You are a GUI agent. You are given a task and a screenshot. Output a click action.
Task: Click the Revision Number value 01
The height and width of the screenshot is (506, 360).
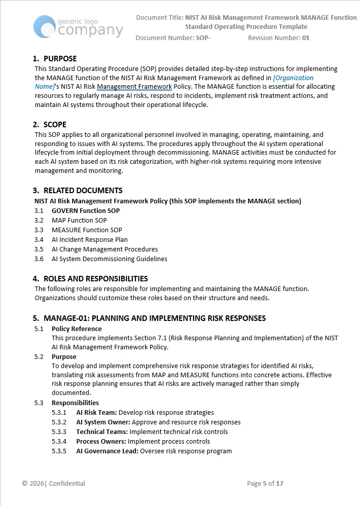305,38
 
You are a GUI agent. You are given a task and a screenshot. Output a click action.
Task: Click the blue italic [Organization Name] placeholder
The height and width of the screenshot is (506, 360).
293,78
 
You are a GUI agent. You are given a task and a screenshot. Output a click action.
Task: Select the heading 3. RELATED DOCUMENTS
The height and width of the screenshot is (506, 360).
78,191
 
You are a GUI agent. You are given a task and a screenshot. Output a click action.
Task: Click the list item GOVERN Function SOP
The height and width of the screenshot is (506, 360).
86,211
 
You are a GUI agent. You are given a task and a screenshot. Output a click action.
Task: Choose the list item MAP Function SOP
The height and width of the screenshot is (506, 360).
79,221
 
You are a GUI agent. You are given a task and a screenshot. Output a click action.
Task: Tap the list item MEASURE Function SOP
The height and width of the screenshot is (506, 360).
87,230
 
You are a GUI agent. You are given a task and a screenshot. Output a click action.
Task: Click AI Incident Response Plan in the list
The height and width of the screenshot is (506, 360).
89,240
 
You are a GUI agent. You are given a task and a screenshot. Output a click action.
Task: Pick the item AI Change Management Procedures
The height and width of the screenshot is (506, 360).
104,249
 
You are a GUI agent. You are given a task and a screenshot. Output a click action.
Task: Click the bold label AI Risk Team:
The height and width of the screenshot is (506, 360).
96,413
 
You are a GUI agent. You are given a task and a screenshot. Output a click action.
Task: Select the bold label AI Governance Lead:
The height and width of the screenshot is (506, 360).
107,451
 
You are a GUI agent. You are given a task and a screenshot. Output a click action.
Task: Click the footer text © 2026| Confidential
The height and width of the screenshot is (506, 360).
54,484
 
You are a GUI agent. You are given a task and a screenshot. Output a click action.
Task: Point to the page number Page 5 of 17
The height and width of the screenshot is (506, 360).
265,484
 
